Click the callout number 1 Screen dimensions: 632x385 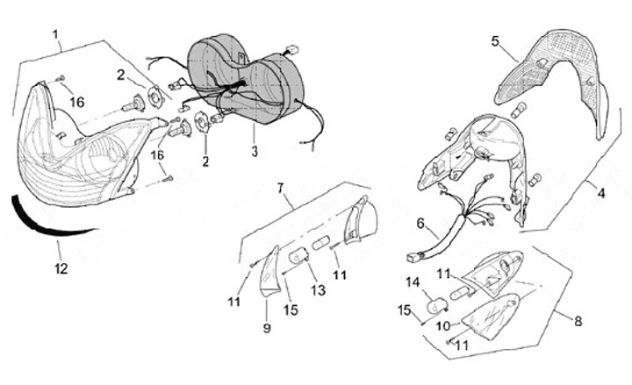pos(55,37)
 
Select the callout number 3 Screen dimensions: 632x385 pos(255,152)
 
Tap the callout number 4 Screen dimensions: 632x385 pos(601,191)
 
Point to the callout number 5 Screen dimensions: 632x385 pos(495,41)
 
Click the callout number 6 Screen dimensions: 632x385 pos(421,224)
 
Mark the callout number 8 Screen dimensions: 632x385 pos(578,321)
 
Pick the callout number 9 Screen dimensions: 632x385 pos(266,327)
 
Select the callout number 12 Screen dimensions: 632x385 pos(61,268)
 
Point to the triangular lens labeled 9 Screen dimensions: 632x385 pos(269,274)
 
